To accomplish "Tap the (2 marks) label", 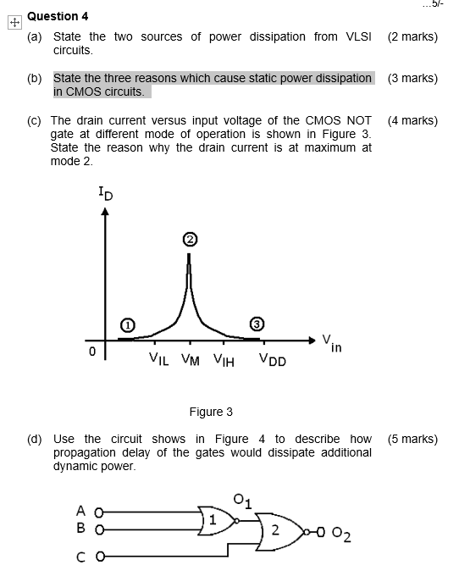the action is (x=412, y=37).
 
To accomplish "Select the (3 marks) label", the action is (x=412, y=78).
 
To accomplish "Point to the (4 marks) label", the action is (x=412, y=120).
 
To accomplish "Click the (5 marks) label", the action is (x=412, y=439).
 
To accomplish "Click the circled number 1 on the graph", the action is (x=127, y=325).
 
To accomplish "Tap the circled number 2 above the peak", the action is (x=190, y=241).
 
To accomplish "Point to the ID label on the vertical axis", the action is (x=103, y=196).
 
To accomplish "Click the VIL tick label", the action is (x=158, y=359).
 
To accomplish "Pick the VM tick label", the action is (x=190, y=360).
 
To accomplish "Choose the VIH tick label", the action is (x=223, y=359).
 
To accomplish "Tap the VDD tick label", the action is (x=273, y=360).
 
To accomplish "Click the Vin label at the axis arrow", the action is (x=331, y=342).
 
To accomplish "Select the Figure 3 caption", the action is (x=210, y=412).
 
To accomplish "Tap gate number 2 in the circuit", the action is (x=274, y=531).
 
